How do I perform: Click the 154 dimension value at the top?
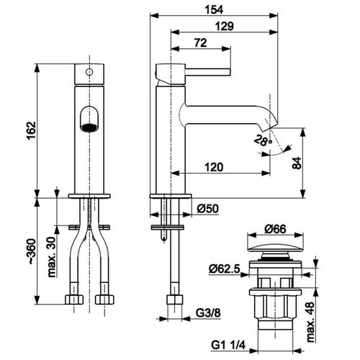214,10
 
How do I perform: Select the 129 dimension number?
225,26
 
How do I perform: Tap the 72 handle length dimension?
200,43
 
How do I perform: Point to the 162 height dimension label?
32,130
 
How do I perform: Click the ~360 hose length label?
32,251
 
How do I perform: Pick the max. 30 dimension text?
52,257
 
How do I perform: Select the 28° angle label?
263,140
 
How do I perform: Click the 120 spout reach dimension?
214,167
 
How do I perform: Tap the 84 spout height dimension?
297,163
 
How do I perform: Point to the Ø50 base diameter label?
208,208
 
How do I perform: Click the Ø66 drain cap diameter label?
275,229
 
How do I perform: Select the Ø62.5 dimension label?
225,269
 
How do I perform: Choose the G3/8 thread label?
208,312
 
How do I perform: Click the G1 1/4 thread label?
228,346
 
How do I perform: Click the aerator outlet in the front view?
89,127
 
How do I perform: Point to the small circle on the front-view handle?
89,72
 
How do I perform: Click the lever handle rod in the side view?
208,72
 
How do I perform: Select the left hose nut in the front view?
74,300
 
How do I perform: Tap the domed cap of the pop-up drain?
275,248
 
